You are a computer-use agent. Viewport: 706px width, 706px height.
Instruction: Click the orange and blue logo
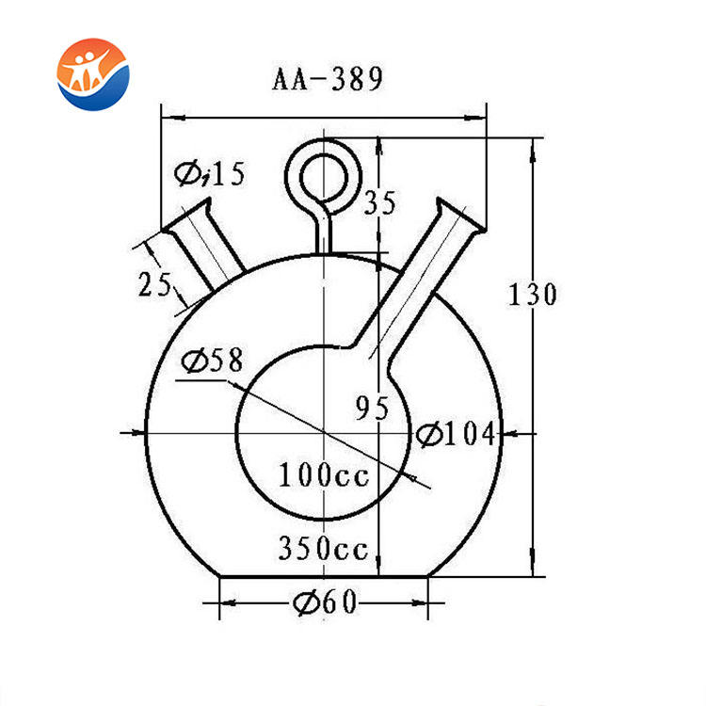(93, 74)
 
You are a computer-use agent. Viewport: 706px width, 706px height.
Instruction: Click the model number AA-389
(328, 78)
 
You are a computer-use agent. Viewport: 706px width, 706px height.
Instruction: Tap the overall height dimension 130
(533, 295)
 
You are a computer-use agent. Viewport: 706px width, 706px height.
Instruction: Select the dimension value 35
(380, 202)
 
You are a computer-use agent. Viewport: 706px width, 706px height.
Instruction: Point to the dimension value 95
(372, 408)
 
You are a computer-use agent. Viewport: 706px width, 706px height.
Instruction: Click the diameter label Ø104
(456, 435)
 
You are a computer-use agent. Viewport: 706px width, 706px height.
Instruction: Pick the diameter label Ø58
(212, 361)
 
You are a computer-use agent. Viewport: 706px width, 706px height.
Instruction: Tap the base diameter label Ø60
(325, 602)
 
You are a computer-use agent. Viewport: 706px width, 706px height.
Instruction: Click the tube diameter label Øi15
(210, 174)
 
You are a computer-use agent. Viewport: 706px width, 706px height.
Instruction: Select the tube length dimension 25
(154, 284)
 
